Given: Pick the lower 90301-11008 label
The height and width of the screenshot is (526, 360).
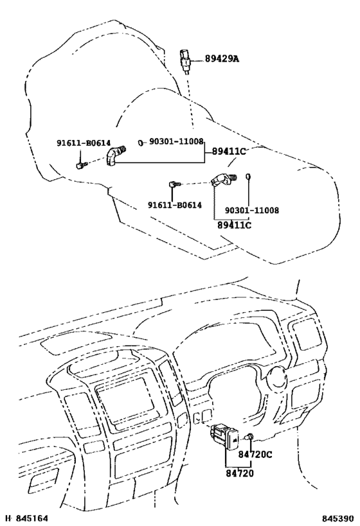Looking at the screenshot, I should [x=251, y=210].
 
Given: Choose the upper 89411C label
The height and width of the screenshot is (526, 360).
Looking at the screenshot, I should [x=226, y=152].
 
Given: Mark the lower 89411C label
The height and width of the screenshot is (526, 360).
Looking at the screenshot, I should [x=234, y=225].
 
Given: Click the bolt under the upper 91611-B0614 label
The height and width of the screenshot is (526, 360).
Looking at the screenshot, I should [x=80, y=164].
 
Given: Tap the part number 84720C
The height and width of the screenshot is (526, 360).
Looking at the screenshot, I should [x=256, y=455].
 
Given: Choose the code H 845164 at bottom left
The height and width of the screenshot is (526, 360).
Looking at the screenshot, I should [x=26, y=517].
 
